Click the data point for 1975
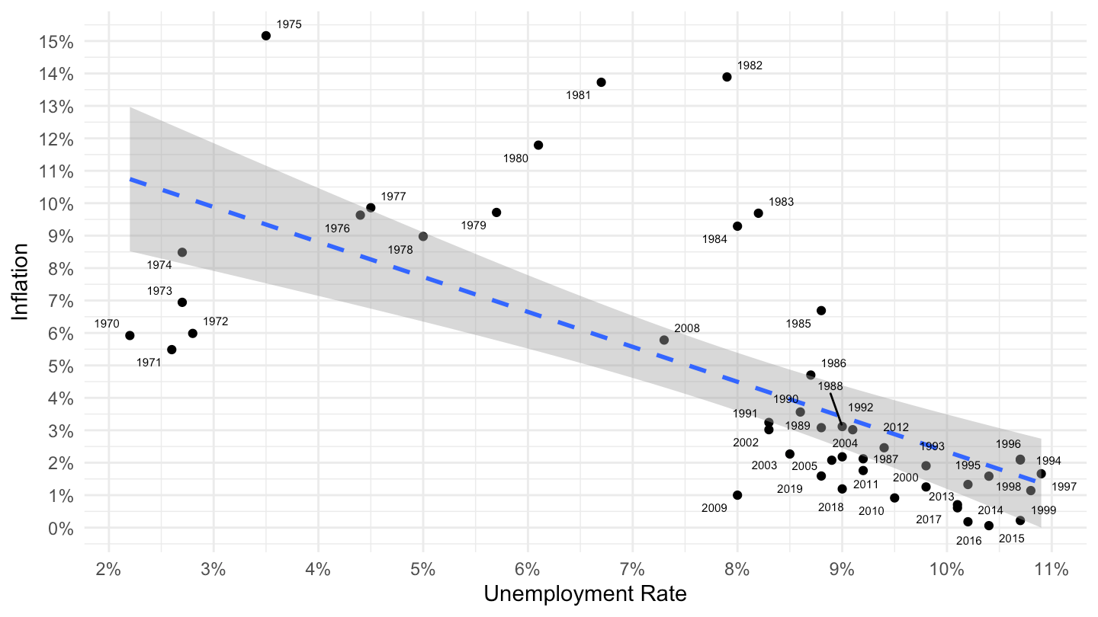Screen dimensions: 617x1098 pos(266,36)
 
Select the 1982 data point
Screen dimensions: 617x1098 pos(727,77)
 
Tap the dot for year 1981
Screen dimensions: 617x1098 pos(601,82)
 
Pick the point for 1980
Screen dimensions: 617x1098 pos(538,145)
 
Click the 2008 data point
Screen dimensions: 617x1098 pos(664,340)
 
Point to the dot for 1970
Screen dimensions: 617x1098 pos(130,335)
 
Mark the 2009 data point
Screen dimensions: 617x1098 pos(737,495)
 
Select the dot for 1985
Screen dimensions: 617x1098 pos(821,310)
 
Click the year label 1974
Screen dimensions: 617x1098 pos(159,265)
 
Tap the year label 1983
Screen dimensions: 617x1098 pos(781,203)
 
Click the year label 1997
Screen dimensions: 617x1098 pos(1064,486)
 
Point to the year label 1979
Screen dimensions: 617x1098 pos(474,225)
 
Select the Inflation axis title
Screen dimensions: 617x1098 pos(21,282)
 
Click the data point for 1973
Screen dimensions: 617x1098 pos(182,302)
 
